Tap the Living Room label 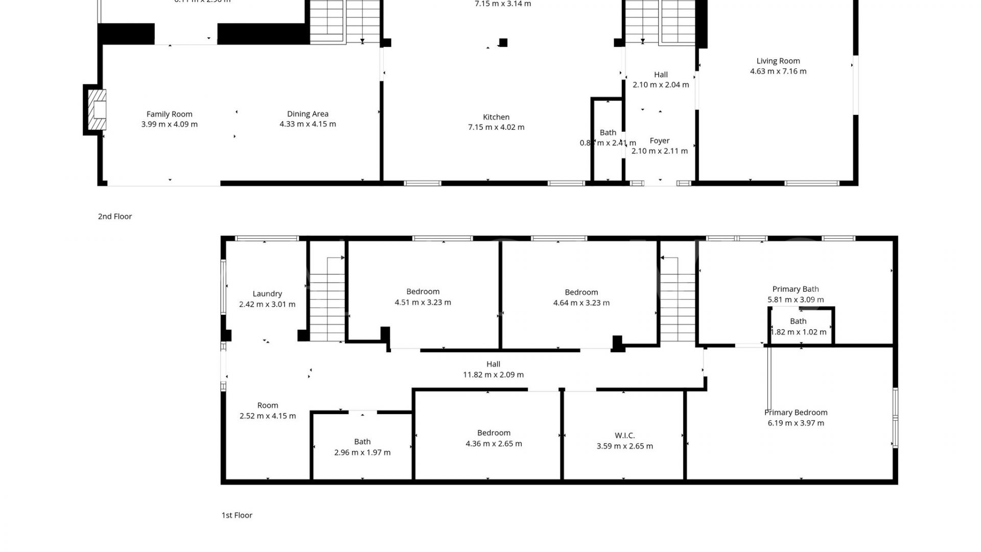(x=778, y=61)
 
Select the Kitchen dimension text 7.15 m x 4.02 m (x=496, y=127)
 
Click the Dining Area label (x=308, y=114)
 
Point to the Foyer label (x=659, y=141)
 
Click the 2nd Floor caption (x=115, y=216)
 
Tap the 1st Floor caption (x=237, y=515)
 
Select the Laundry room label (x=267, y=294)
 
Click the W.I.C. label (x=624, y=435)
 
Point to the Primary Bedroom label (x=796, y=412)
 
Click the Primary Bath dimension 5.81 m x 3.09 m (x=796, y=300)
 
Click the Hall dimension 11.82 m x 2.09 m (x=493, y=375)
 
